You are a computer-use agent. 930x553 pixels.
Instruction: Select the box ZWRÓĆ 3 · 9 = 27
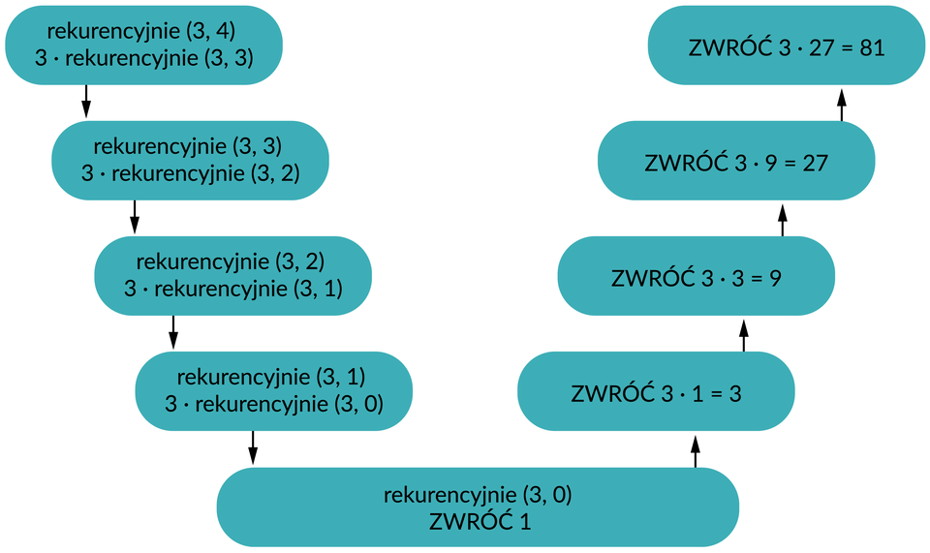point(736,162)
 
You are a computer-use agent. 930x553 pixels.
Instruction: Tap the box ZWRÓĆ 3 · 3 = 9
point(696,277)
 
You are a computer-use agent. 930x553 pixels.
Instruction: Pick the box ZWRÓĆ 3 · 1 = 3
point(656,392)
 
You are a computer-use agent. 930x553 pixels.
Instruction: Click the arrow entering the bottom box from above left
point(253,448)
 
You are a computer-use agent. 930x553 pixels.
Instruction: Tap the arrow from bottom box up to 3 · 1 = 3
point(695,450)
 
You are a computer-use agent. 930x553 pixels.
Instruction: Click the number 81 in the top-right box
point(872,47)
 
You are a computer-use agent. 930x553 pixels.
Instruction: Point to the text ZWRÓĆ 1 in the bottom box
point(479,521)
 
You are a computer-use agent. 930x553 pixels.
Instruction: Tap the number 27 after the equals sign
point(815,163)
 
